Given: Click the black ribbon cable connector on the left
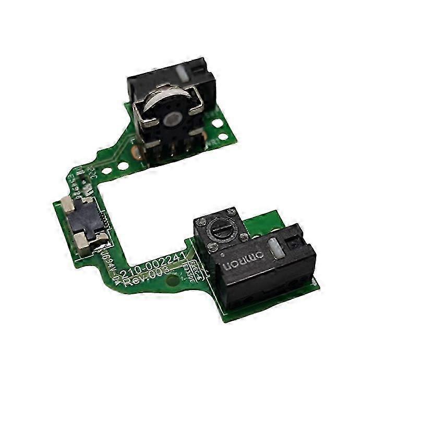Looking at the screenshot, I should [x=88, y=220].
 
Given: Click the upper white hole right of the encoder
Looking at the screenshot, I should [x=218, y=123].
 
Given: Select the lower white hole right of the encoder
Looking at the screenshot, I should [x=222, y=137].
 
